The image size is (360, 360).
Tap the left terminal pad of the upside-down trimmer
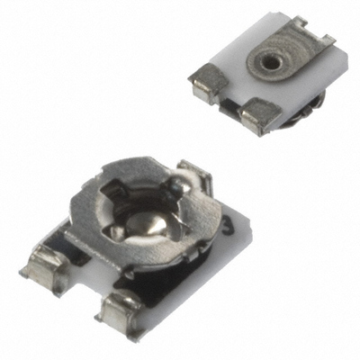[206, 85]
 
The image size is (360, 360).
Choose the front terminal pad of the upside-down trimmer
[261, 113]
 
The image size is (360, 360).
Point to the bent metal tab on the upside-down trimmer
[319, 38]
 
